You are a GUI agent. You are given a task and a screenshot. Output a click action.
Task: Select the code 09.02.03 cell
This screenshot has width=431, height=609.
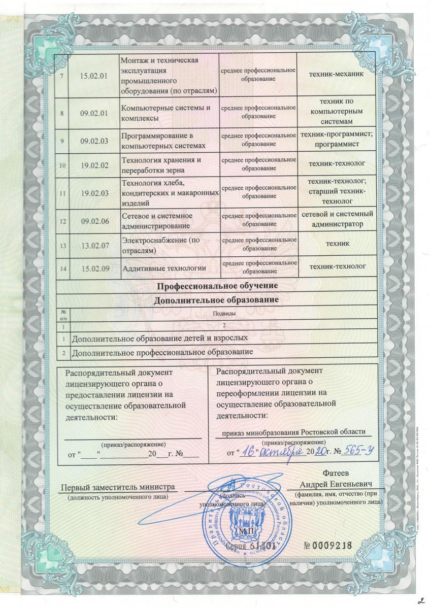pos(94,141)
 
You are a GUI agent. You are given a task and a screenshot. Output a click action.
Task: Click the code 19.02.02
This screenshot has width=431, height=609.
pos(94,165)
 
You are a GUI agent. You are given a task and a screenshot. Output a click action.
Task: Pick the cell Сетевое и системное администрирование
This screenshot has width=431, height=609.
pos(156,221)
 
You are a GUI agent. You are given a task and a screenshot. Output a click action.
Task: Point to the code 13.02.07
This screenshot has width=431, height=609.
pos(94,245)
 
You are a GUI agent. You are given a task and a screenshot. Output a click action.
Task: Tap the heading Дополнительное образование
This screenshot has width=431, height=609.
pos(217,299)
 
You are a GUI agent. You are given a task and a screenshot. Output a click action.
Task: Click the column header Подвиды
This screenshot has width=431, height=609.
pos(223,313)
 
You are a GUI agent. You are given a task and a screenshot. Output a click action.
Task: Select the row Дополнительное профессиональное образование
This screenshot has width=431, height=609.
pos(162,352)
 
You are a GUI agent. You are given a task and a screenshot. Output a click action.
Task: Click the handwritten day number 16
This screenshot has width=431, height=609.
pos(248,450)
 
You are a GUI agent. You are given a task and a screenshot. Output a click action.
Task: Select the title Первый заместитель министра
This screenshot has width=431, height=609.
pos(118,487)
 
